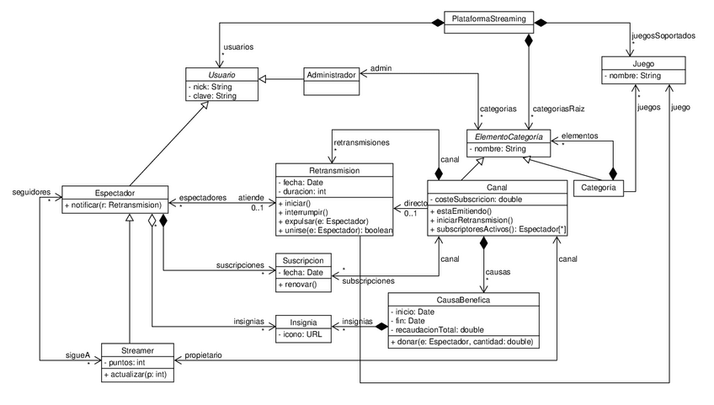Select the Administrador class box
tap(330, 74)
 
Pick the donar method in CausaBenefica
tap(462, 343)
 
